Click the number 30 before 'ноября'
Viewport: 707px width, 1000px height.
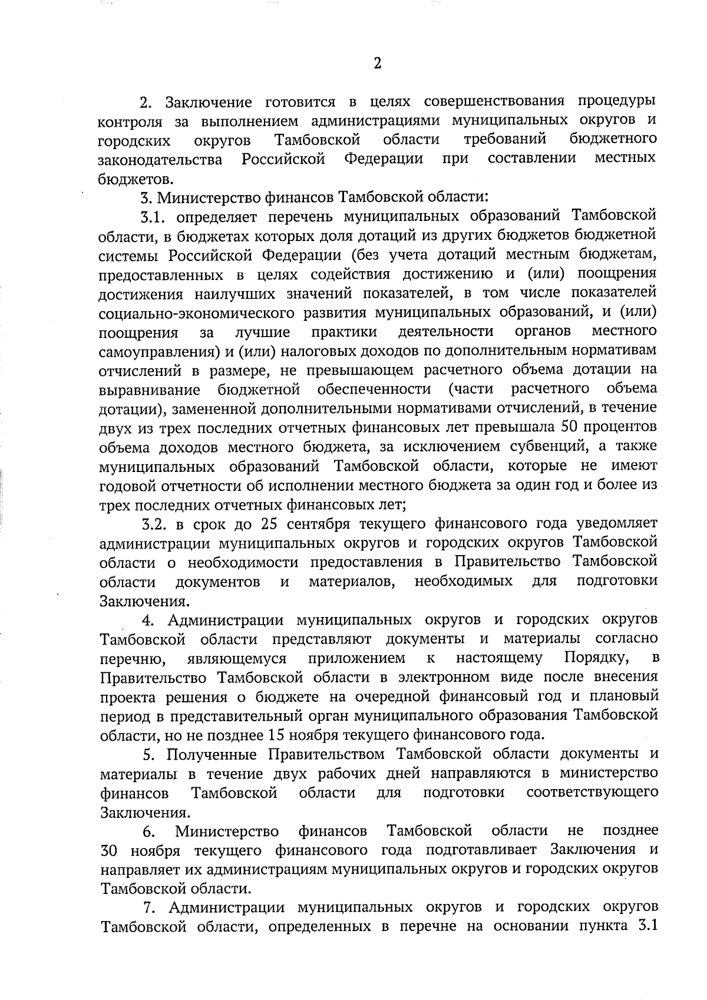click(110, 851)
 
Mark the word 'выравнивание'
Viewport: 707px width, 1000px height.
click(150, 390)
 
